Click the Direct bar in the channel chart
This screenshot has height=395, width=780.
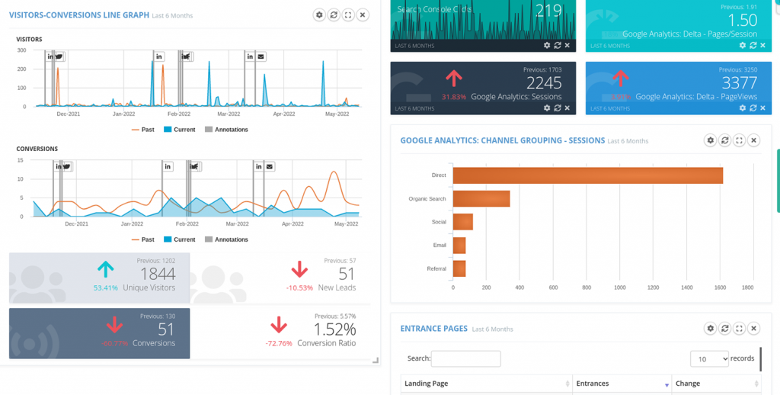[x=587, y=175]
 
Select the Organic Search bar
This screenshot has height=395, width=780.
[x=481, y=198]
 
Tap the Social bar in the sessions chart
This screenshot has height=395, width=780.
[x=463, y=222]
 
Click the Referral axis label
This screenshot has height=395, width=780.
[x=436, y=268]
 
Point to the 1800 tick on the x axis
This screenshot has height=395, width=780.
[x=747, y=287]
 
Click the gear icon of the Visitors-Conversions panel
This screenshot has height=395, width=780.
[x=319, y=14]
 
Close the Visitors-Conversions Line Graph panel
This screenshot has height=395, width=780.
[x=363, y=14]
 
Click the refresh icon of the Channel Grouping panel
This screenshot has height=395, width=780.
[x=724, y=140]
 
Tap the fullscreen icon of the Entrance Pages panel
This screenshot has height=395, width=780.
[x=739, y=329]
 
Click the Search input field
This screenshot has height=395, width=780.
[x=465, y=358]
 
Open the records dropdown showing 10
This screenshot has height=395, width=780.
[x=708, y=358]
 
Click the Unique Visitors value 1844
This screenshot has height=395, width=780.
[x=158, y=274]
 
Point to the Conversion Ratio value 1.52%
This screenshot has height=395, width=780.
[x=335, y=329]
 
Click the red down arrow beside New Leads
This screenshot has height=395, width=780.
[x=299, y=269]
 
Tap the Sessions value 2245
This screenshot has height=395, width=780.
[x=544, y=82]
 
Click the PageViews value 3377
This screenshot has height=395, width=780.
[x=739, y=82]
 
